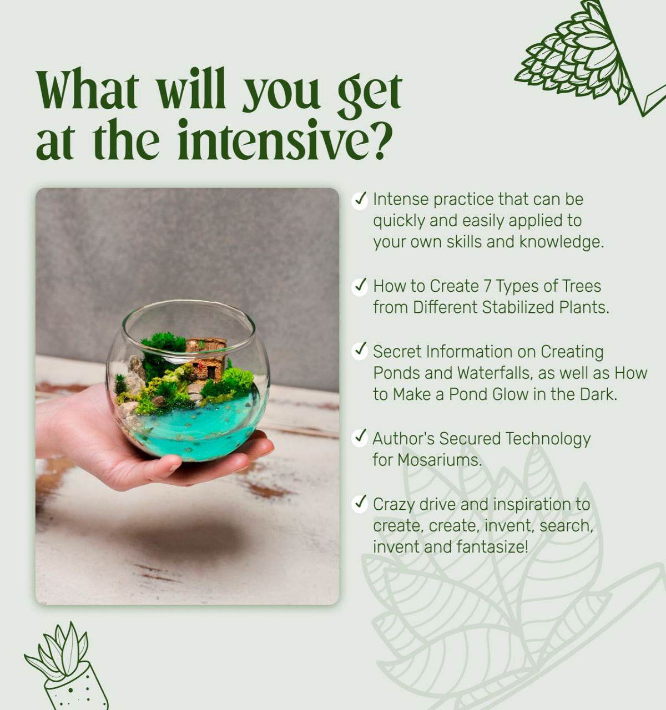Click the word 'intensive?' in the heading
pyautogui.click(x=282, y=139)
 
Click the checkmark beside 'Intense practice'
pyautogui.click(x=359, y=200)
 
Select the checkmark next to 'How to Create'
pyautogui.click(x=359, y=286)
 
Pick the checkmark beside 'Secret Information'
pyautogui.click(x=359, y=352)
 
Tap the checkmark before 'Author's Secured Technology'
pyautogui.click(x=359, y=438)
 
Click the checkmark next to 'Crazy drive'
pyautogui.click(x=359, y=504)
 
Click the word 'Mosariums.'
pyautogui.click(x=440, y=460)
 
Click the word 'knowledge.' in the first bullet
pyautogui.click(x=562, y=242)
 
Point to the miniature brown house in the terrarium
pyautogui.click(x=206, y=358)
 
